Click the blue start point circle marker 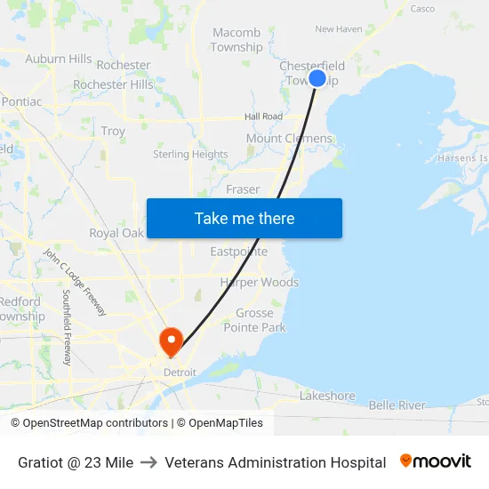click(x=317, y=78)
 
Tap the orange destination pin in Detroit click(x=170, y=341)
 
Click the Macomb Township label click(x=236, y=40)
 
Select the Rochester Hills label click(x=113, y=84)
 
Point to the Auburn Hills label click(x=59, y=59)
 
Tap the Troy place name click(x=113, y=131)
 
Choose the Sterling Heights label click(x=190, y=154)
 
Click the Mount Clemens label click(x=289, y=138)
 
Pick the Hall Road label click(x=263, y=116)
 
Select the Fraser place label click(x=243, y=189)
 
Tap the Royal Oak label click(x=116, y=233)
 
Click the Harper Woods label click(x=260, y=282)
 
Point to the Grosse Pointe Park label click(x=261, y=320)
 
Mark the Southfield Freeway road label click(x=67, y=327)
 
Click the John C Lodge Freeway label click(x=76, y=283)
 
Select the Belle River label click(x=397, y=405)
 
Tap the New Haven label click(x=338, y=29)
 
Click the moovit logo click(x=436, y=461)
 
